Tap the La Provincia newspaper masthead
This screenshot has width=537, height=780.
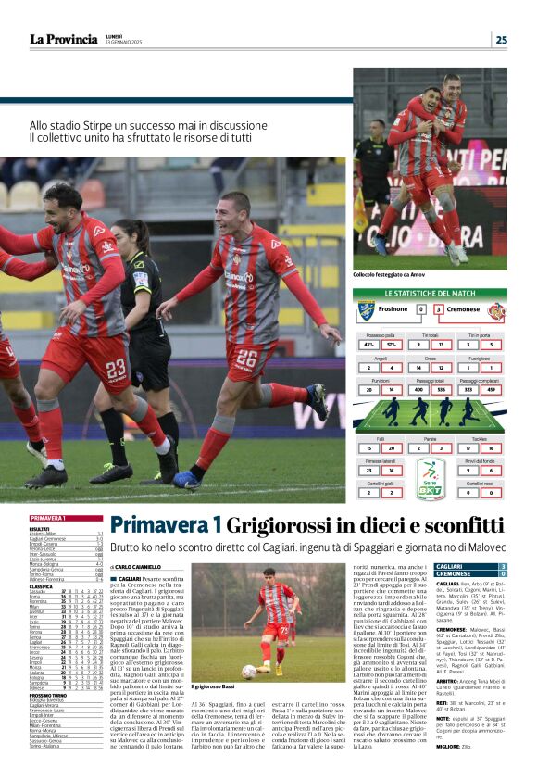click(63, 40)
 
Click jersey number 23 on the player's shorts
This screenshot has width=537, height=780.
click(115, 369)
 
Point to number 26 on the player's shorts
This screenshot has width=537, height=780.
click(246, 358)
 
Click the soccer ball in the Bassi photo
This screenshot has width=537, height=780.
click(248, 671)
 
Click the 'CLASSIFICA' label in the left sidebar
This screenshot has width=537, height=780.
click(41, 586)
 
